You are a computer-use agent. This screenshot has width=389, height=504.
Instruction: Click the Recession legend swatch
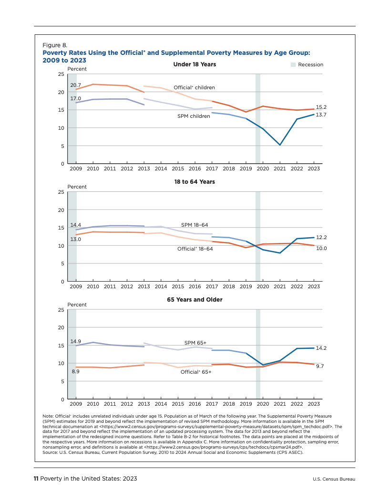tap(293, 65)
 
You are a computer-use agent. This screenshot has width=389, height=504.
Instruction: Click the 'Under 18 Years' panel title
tap(194, 64)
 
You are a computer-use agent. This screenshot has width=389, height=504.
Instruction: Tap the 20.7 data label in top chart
tap(75, 84)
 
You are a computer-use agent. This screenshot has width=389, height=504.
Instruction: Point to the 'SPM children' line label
tap(194, 116)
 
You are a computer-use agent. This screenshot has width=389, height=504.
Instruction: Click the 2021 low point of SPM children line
tap(280, 145)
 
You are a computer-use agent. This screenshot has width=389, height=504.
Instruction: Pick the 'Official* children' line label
tap(194, 87)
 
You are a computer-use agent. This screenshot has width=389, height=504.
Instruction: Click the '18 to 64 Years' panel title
tap(194, 182)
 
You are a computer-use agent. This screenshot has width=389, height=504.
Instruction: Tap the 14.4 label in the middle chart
tap(75, 225)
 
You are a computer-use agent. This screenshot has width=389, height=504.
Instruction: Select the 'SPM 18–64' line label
tap(194, 225)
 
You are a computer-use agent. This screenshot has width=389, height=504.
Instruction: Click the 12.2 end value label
tap(321, 237)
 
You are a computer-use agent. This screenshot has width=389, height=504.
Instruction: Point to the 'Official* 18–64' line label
tap(195, 249)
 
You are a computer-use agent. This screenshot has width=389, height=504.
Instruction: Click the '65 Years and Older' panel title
tap(194, 300)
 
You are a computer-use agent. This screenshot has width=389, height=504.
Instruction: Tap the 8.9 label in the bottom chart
tap(75, 371)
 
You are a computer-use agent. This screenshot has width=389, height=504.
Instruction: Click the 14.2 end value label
tap(321, 348)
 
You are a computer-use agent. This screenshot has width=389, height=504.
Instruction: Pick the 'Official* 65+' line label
tap(195, 371)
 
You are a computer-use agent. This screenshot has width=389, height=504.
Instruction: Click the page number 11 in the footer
tap(35, 478)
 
